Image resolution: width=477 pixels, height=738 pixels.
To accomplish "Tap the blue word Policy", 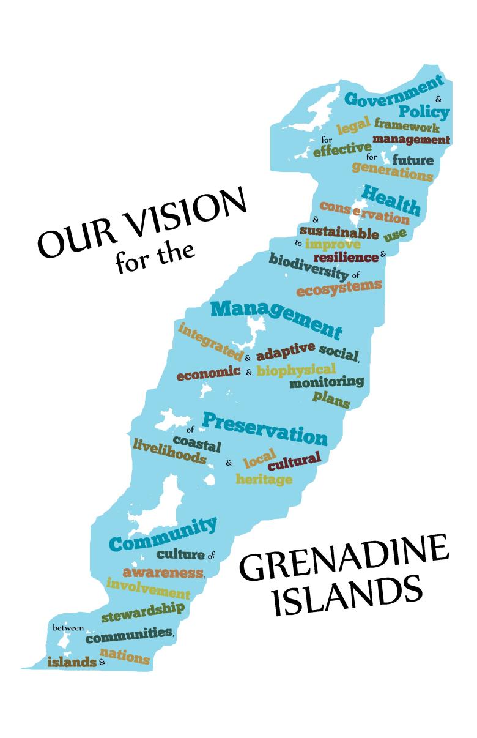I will [424, 113].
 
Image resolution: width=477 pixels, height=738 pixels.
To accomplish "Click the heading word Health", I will [391, 199].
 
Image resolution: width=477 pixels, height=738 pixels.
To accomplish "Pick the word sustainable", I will [339, 233].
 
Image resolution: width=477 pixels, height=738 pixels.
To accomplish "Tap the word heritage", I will [264, 479].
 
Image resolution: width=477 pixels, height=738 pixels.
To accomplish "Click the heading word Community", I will [163, 535].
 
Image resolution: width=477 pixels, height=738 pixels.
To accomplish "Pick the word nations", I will [124, 655].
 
